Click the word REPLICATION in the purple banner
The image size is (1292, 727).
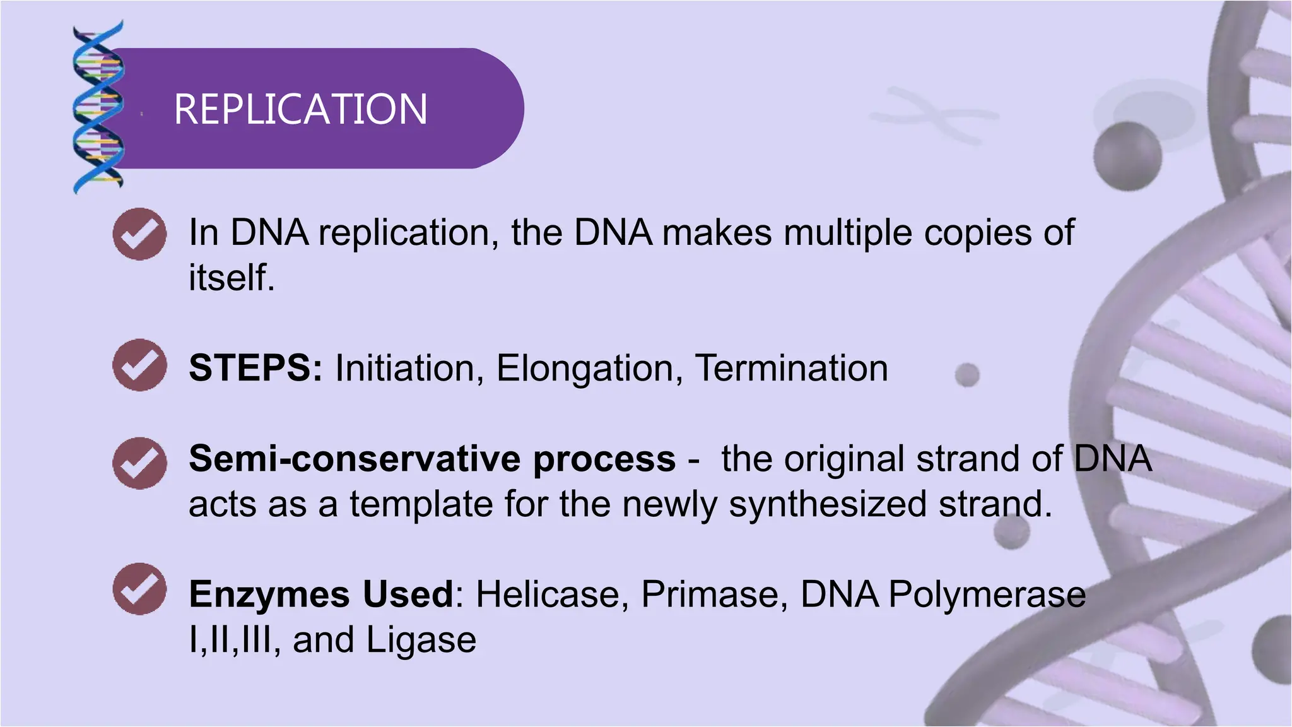point(300,109)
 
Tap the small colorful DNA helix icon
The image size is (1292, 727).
point(98,107)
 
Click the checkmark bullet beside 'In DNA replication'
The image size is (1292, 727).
point(139,234)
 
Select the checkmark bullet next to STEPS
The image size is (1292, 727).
point(139,365)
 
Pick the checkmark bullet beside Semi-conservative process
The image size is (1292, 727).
point(139,464)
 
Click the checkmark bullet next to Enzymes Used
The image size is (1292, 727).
point(139,588)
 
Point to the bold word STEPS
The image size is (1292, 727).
point(255,368)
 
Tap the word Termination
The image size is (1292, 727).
point(791,368)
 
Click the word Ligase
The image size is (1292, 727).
point(421,641)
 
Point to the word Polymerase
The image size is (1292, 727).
point(987,595)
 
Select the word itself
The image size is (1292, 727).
point(231,278)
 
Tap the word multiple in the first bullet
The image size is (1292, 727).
point(847,233)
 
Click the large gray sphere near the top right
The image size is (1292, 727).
point(1127,156)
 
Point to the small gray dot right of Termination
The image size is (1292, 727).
point(966,375)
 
